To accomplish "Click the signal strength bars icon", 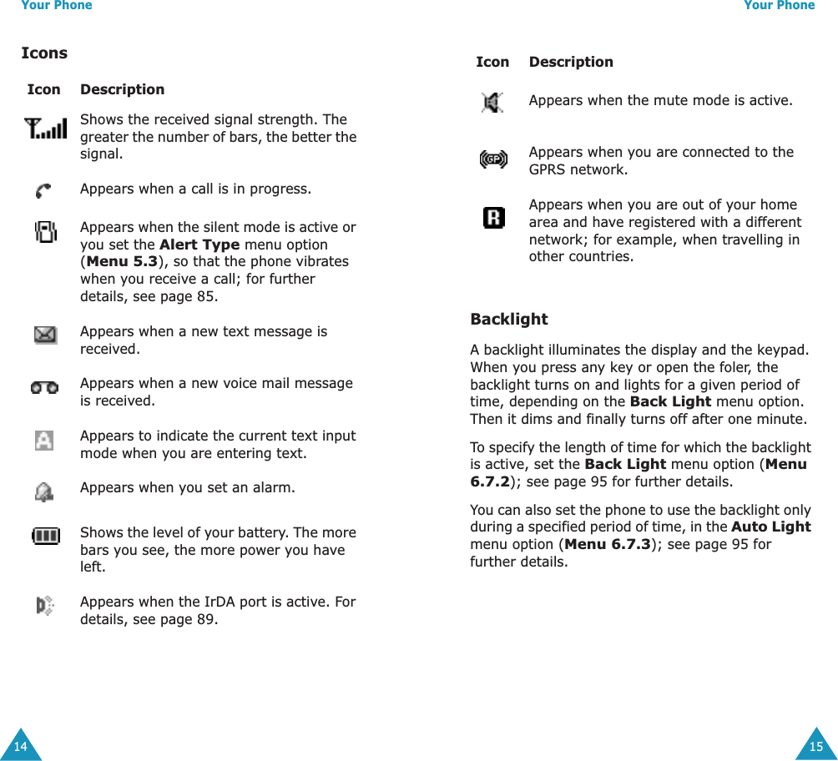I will [x=46, y=129].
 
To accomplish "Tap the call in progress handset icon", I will [x=44, y=190].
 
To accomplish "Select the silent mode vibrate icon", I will [x=46, y=231].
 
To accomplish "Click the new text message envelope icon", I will [x=45, y=335].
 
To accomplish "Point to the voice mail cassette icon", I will [x=45, y=388].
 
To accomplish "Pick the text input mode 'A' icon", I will [x=44, y=440].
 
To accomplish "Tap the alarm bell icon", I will [x=44, y=492].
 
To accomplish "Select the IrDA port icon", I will [x=46, y=606].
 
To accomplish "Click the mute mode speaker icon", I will [x=493, y=103].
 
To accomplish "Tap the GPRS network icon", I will [x=493, y=159].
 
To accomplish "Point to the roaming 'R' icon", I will [x=493, y=219].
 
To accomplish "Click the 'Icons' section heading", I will [x=44, y=53].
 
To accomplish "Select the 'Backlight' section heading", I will [x=509, y=320].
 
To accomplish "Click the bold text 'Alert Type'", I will [x=199, y=244].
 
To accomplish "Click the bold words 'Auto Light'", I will [x=770, y=527].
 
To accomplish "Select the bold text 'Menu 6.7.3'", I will [x=607, y=545].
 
